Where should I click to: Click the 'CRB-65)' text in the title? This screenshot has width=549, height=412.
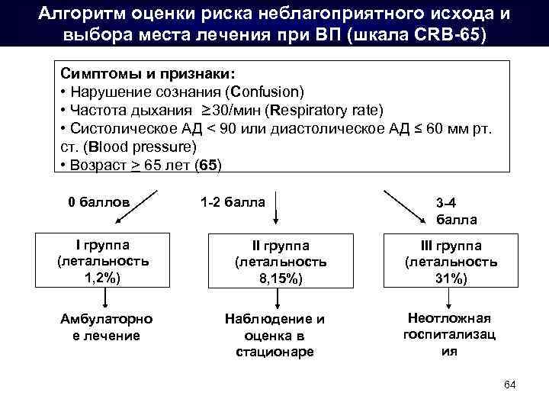point(451,36)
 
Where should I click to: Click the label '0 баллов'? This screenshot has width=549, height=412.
point(98,202)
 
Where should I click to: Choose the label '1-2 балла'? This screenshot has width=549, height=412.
point(233,202)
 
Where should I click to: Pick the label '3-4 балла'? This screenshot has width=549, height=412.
point(456,211)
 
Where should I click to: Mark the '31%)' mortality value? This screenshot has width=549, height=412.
point(450,279)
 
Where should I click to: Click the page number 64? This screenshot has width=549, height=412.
point(511,384)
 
